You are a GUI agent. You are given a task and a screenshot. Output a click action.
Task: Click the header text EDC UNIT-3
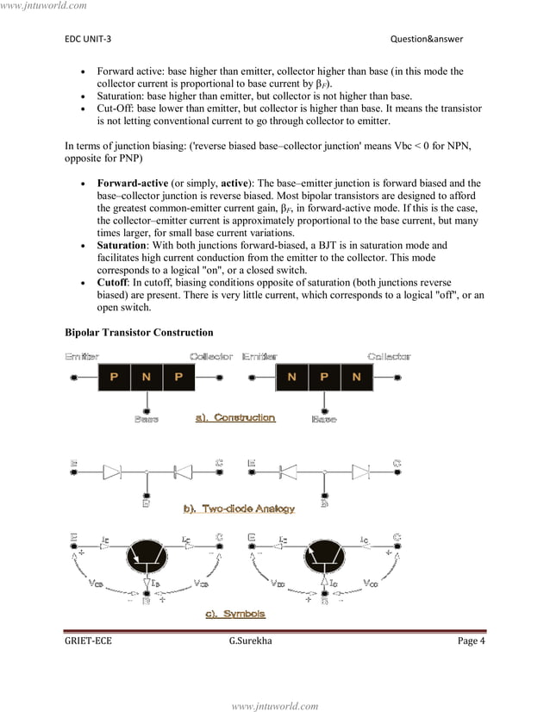(87, 39)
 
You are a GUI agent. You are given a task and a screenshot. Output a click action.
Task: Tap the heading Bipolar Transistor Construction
(139, 332)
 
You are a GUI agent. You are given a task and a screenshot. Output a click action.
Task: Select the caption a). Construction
(235, 418)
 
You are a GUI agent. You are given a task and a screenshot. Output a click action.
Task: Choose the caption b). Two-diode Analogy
(238, 509)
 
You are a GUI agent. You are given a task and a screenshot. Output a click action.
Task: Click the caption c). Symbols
(234, 614)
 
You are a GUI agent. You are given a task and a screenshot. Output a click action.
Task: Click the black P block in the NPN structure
(324, 378)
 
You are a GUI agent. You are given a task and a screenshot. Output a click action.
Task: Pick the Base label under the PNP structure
(146, 420)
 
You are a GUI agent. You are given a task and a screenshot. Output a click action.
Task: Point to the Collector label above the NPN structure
(389, 356)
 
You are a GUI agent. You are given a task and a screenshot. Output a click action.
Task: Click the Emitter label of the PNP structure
(80, 356)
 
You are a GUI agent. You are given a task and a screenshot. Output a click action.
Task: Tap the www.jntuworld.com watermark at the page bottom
(275, 705)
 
